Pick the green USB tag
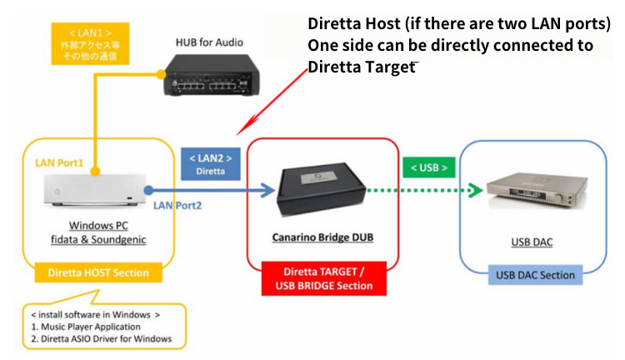[x=428, y=168]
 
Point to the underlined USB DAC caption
[x=531, y=242]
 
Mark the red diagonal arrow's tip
[x=238, y=133]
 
